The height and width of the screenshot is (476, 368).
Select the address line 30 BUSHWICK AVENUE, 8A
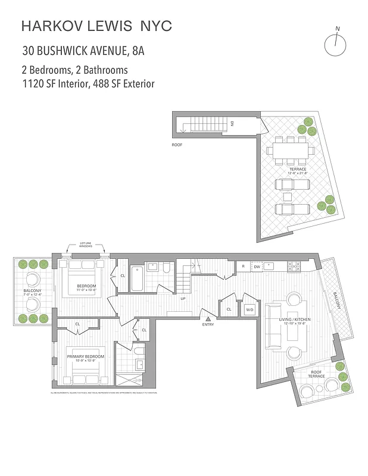[83, 50]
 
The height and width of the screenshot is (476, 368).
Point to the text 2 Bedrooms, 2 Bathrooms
[74, 70]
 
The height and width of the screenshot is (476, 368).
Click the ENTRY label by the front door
[208, 324]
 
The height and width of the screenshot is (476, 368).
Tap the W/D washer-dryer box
[249, 309]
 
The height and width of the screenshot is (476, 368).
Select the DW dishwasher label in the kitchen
[257, 267]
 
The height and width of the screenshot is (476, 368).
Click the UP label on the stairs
[183, 298]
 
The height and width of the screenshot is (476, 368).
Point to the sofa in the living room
[275, 327]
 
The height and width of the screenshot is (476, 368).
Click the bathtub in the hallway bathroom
[136, 278]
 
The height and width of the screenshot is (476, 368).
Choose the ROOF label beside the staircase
[177, 145]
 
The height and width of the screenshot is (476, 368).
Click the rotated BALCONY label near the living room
[337, 302]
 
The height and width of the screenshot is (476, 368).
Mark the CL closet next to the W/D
[229, 309]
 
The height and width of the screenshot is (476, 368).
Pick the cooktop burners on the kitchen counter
[294, 267]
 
